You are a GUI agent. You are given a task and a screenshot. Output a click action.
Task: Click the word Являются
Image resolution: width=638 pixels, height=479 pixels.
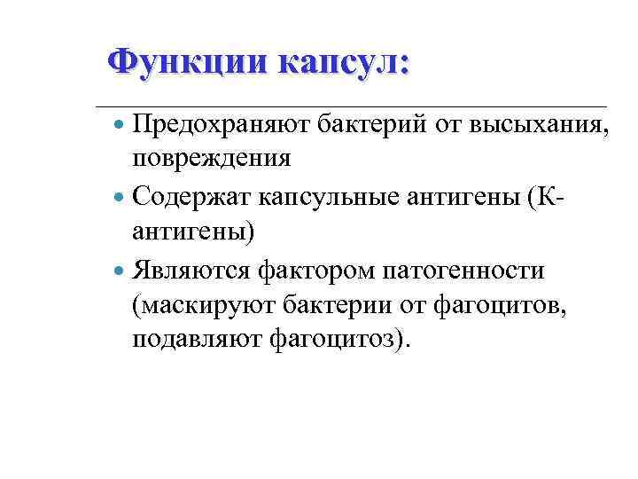coord(191,269)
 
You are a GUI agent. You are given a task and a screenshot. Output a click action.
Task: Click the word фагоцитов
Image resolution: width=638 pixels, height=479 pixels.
coord(505,305)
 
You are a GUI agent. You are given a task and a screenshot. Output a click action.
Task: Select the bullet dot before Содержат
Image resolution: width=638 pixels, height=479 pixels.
coord(121,195)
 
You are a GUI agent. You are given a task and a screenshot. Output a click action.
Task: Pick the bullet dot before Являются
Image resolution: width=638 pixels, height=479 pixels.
coord(121,269)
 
